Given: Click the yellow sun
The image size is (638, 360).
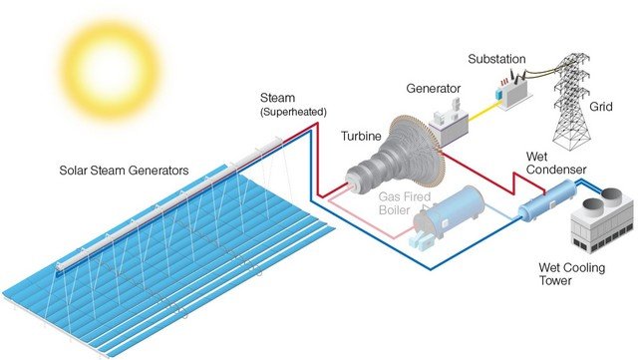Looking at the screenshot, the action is point(111,70).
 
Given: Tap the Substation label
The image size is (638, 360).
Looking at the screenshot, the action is point(496,59).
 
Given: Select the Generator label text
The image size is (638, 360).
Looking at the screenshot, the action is point(434,89).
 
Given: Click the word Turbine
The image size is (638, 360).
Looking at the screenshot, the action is point(361,136).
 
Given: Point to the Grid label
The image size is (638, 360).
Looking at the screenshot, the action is point(600,107).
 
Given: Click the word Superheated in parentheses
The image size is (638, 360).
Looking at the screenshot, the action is point(293,112).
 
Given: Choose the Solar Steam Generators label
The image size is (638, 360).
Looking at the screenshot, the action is point(124,171).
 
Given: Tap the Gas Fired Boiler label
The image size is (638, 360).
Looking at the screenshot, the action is point(404,203).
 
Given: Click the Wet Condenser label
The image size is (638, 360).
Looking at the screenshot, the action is point(556,163).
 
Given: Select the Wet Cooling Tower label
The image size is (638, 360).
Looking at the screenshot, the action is point(571,273).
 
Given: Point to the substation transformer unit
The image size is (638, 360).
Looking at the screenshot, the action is point(513,92).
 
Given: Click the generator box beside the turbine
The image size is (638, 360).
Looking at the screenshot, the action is point(449,125).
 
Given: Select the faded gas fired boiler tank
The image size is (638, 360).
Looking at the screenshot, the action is point(449,217).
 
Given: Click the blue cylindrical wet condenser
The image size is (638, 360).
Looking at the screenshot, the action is point(547,200).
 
